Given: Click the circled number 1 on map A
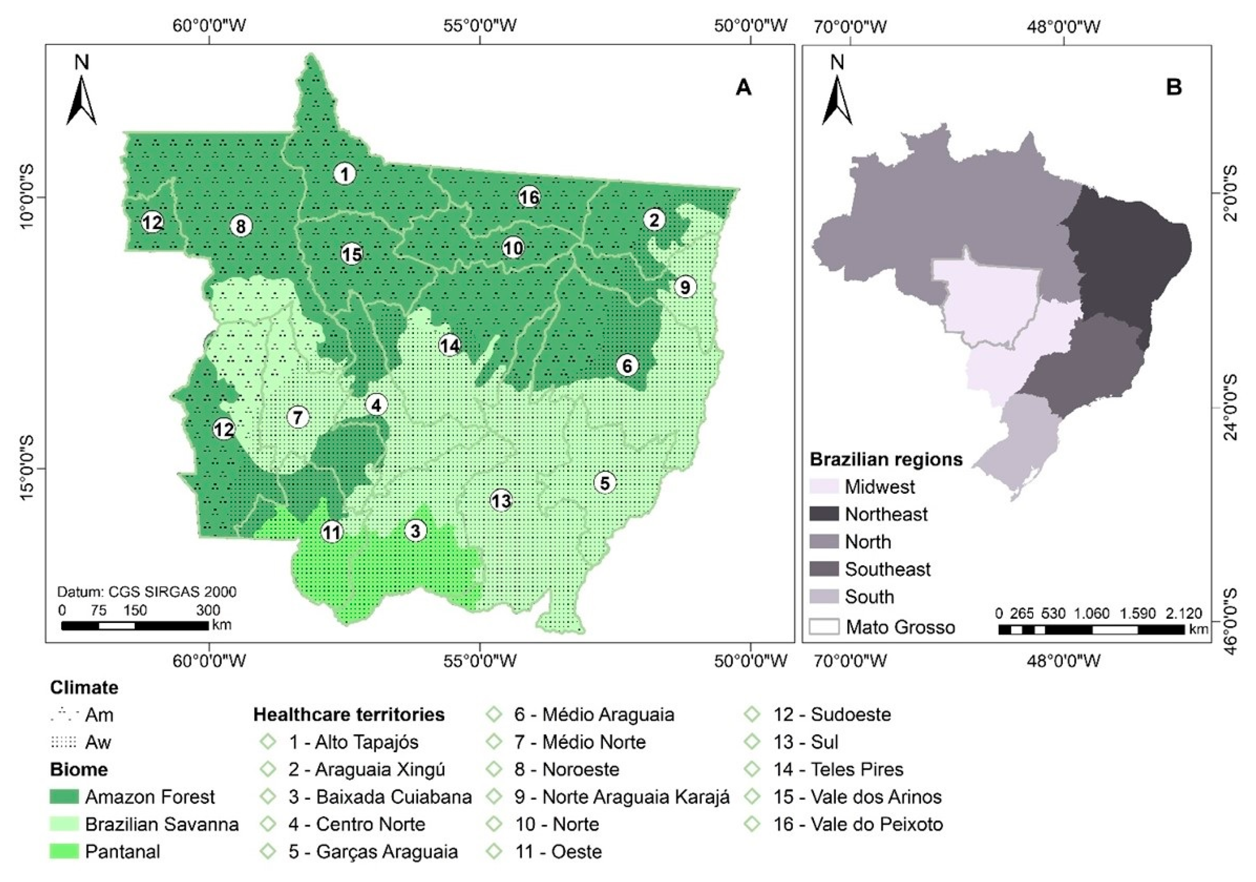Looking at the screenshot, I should (344, 174).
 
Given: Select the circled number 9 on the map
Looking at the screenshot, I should (685, 287).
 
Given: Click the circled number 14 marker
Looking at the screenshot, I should (450, 346).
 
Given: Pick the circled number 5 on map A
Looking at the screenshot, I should (605, 483).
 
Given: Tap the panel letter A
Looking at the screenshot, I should (743, 87).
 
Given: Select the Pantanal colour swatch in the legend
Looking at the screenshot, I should (64, 851).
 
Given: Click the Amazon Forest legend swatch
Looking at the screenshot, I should (64, 797).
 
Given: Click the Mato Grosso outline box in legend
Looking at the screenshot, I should (824, 626).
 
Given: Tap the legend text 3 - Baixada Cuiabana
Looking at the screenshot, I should (380, 797).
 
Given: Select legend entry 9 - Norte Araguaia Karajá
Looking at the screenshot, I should (621, 797).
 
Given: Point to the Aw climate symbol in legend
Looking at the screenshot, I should (64, 742).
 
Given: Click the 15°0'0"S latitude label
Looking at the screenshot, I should (27, 468).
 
